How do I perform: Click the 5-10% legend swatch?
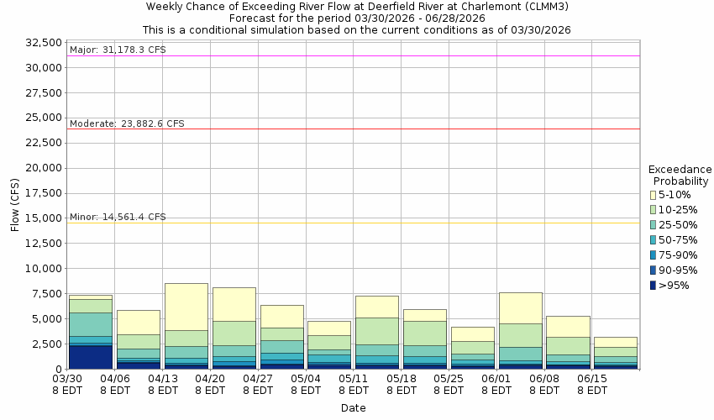654,195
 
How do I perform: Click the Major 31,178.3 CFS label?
118,50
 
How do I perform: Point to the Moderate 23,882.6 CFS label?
127,124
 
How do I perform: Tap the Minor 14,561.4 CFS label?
118,217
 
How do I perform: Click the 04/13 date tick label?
163,379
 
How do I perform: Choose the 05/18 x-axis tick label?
402,379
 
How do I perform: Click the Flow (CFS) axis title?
14,205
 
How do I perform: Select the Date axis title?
353,408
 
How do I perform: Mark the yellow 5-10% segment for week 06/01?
521,308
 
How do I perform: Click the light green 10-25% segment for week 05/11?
377,331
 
